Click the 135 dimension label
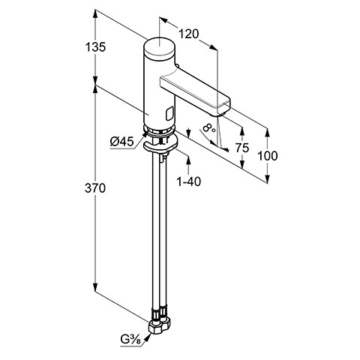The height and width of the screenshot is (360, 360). (x=95, y=47)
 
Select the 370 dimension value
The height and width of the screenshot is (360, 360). (x=95, y=188)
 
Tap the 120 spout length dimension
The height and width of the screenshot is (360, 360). (x=188, y=34)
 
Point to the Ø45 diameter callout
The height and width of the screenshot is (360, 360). (x=122, y=142)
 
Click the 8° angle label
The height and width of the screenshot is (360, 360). (x=209, y=127)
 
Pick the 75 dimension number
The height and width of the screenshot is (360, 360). (x=242, y=148)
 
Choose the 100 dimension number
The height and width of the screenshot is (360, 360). (x=267, y=156)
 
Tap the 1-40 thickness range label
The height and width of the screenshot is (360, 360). (x=189, y=181)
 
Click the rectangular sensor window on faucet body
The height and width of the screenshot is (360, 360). (x=169, y=112)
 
